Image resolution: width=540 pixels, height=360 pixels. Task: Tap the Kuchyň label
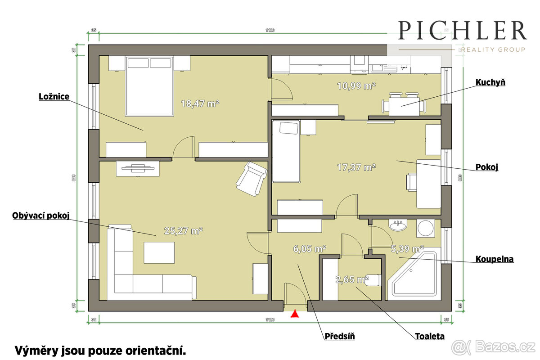[x=490, y=82]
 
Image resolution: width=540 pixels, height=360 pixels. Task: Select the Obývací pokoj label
[x=41, y=216]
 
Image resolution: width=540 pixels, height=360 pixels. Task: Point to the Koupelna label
[x=495, y=259]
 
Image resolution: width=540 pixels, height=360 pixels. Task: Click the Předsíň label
[x=340, y=336]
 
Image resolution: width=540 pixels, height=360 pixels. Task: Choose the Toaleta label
[x=430, y=336]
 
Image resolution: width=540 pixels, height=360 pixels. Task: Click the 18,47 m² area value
[x=200, y=103]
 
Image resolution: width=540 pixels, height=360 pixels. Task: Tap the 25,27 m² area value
[x=183, y=231]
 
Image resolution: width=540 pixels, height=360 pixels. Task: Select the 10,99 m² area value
[x=356, y=85]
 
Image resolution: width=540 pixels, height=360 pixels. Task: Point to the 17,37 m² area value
[x=356, y=167]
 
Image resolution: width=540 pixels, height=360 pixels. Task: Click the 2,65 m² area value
[x=352, y=280]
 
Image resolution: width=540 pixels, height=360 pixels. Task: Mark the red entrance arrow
[x=295, y=314]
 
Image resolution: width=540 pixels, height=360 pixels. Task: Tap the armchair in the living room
[x=251, y=179]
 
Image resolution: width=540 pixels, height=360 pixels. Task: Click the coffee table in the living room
[x=159, y=252]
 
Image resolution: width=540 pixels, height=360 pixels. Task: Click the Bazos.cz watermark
[x=494, y=347]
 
